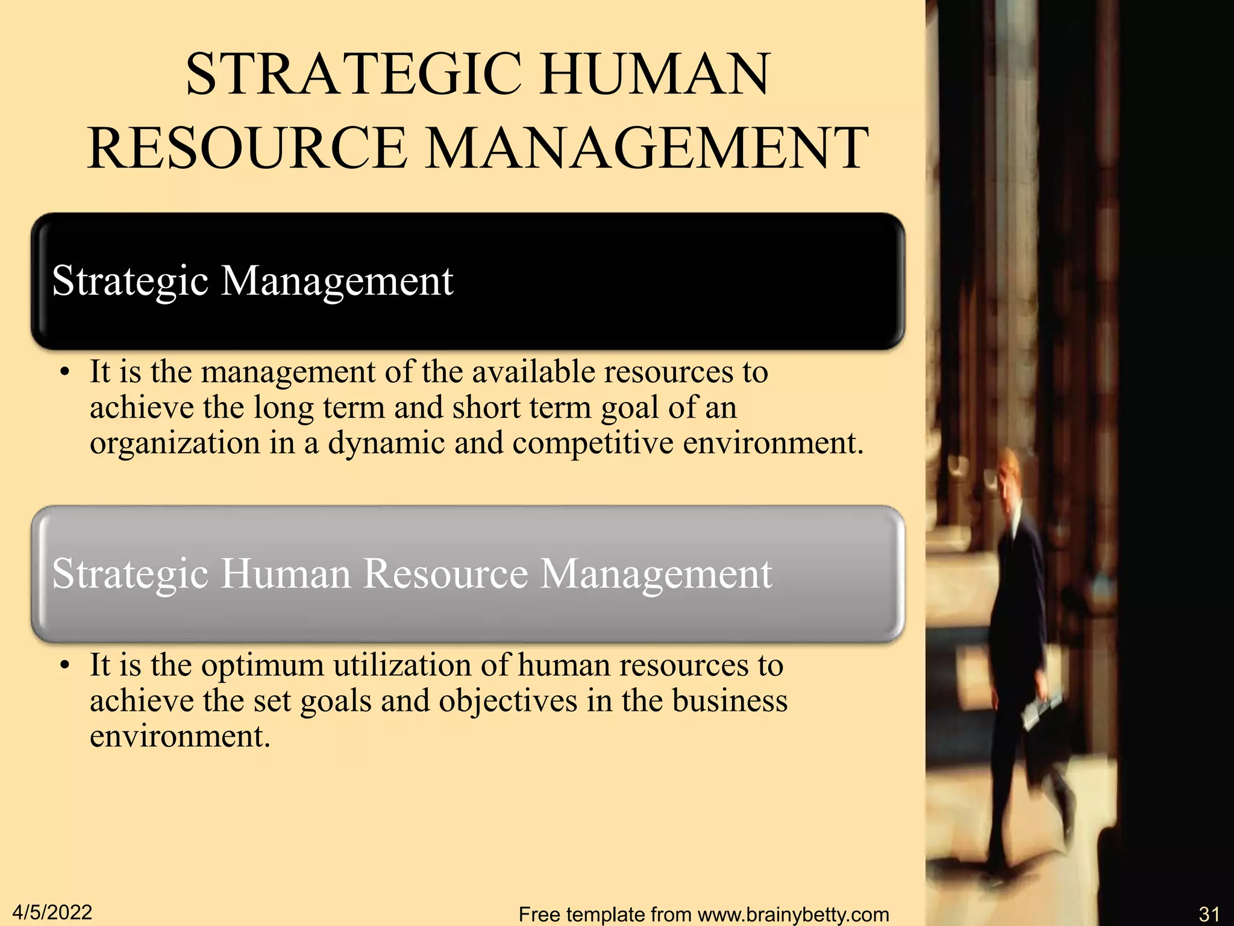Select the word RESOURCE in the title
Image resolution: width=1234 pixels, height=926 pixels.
[247, 148]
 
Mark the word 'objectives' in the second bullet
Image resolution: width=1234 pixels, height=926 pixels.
[508, 701]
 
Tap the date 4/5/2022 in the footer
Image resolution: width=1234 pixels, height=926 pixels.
[52, 912]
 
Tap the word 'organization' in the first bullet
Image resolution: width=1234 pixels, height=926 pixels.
[175, 443]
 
